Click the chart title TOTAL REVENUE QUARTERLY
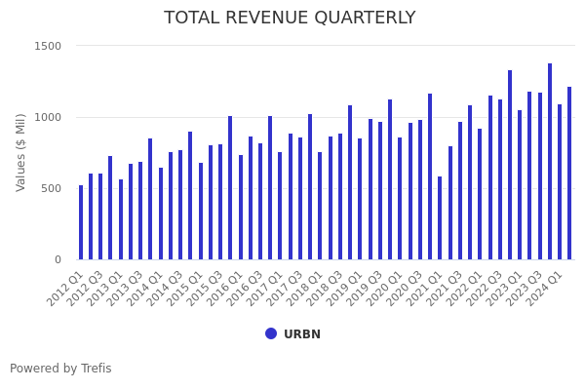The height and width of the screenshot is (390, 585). click(x=290, y=18)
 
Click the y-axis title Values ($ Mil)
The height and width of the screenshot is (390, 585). click(x=21, y=152)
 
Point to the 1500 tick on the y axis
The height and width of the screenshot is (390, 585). click(x=48, y=46)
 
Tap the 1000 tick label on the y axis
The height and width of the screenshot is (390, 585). click(x=48, y=117)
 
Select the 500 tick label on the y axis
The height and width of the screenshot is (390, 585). click(x=51, y=188)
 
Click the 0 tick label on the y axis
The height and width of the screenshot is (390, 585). click(x=58, y=259)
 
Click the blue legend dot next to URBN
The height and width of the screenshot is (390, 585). click(x=271, y=333)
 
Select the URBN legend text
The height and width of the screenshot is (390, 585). click(x=302, y=334)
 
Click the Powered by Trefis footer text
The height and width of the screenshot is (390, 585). click(x=60, y=369)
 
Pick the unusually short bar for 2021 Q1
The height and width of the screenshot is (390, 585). click(x=440, y=218)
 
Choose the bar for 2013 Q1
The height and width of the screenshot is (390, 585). click(x=121, y=219)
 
